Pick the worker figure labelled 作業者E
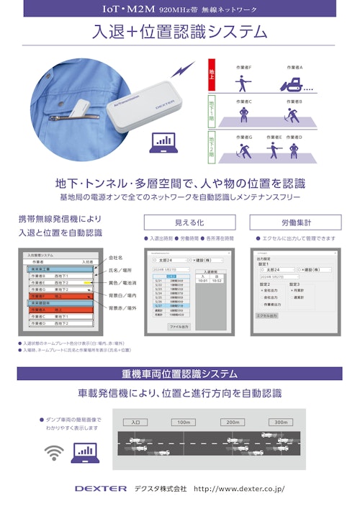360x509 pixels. (274, 150)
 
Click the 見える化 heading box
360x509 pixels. (189, 222)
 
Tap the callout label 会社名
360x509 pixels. (116, 257)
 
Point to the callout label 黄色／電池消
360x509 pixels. (124, 283)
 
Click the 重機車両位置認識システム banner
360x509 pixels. (180, 374)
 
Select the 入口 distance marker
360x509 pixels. (135, 423)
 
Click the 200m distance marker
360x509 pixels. (231, 423)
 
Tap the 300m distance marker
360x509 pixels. (279, 423)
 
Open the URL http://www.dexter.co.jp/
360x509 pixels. (239, 488)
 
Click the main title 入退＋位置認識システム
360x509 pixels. (180, 32)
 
